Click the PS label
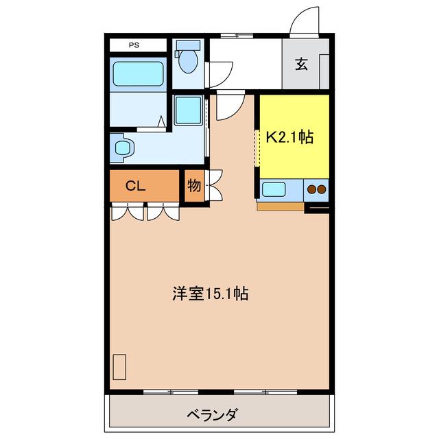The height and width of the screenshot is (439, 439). click(134, 45)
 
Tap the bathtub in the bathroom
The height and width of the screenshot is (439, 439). click(138, 74)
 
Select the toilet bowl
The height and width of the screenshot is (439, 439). click(189, 61)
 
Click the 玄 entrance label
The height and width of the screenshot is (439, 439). click(301, 64)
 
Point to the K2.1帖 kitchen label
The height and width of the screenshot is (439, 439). click(289, 137)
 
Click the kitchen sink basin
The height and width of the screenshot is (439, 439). click(274, 189)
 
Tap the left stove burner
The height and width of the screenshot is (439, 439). click(311, 189)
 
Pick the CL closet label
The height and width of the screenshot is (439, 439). click(136, 186)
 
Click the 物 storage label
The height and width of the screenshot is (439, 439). click(194, 185)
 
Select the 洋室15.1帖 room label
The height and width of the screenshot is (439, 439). click(210, 294)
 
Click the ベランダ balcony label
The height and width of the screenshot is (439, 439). click(213, 414)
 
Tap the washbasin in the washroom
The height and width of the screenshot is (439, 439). click(123, 148)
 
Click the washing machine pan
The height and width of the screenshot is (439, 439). click(189, 110)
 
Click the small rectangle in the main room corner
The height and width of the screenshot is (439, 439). click(119, 367)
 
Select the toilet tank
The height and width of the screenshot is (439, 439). click(189, 45)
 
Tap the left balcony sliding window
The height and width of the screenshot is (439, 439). click(171, 392)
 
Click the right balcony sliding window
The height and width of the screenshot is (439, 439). click(265, 392)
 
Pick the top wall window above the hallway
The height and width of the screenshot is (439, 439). click(237, 35)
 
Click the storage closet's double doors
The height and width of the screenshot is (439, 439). click(214, 185)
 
